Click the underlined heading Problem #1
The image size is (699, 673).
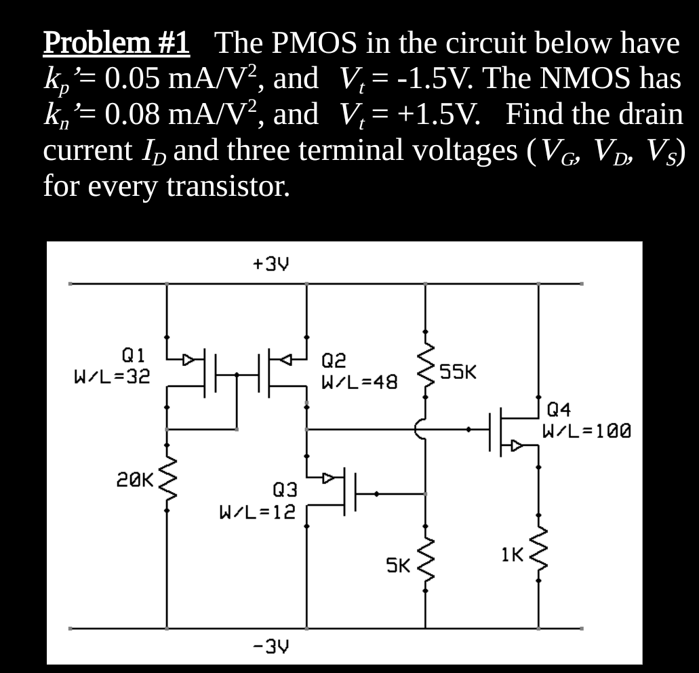(x=117, y=43)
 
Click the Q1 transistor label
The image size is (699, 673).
(x=133, y=354)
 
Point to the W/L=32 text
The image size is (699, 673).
(x=113, y=375)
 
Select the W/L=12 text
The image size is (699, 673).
(x=257, y=510)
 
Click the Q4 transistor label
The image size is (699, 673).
(x=559, y=409)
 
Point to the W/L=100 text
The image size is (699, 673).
(x=588, y=430)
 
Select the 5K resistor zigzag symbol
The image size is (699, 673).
(x=426, y=563)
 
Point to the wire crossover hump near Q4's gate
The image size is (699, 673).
(x=420, y=429)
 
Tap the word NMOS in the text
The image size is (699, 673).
(x=595, y=80)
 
